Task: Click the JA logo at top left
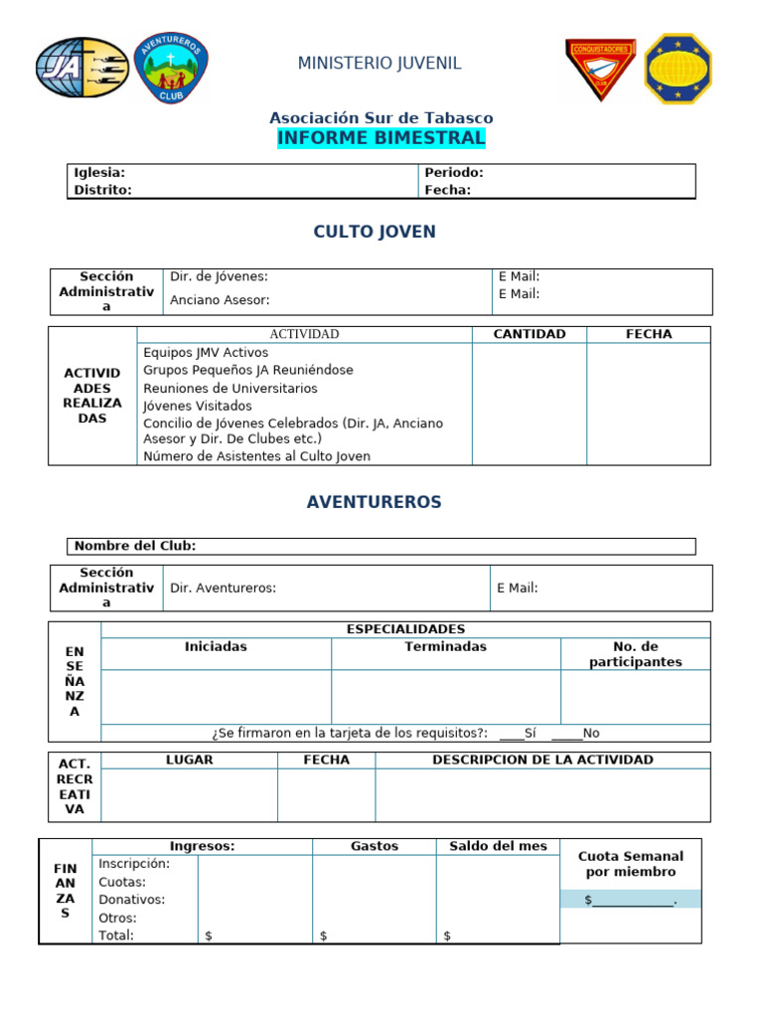click(82, 68)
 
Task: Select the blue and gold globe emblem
click(678, 69)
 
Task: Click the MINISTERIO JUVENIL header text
click(380, 64)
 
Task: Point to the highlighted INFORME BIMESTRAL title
click(381, 137)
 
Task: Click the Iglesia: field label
click(99, 172)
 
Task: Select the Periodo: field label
click(453, 172)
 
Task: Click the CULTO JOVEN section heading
click(375, 232)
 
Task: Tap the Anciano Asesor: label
click(220, 299)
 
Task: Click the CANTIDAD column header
click(530, 334)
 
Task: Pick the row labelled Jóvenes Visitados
click(198, 406)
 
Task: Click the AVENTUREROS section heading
click(374, 502)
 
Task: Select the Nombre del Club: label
click(135, 546)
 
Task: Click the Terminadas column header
click(445, 646)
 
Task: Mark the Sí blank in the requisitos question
click(512, 734)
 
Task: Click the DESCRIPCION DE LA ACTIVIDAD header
click(542, 760)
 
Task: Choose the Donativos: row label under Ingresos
click(132, 900)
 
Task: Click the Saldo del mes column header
click(498, 846)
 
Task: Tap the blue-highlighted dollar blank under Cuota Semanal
click(631, 900)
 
